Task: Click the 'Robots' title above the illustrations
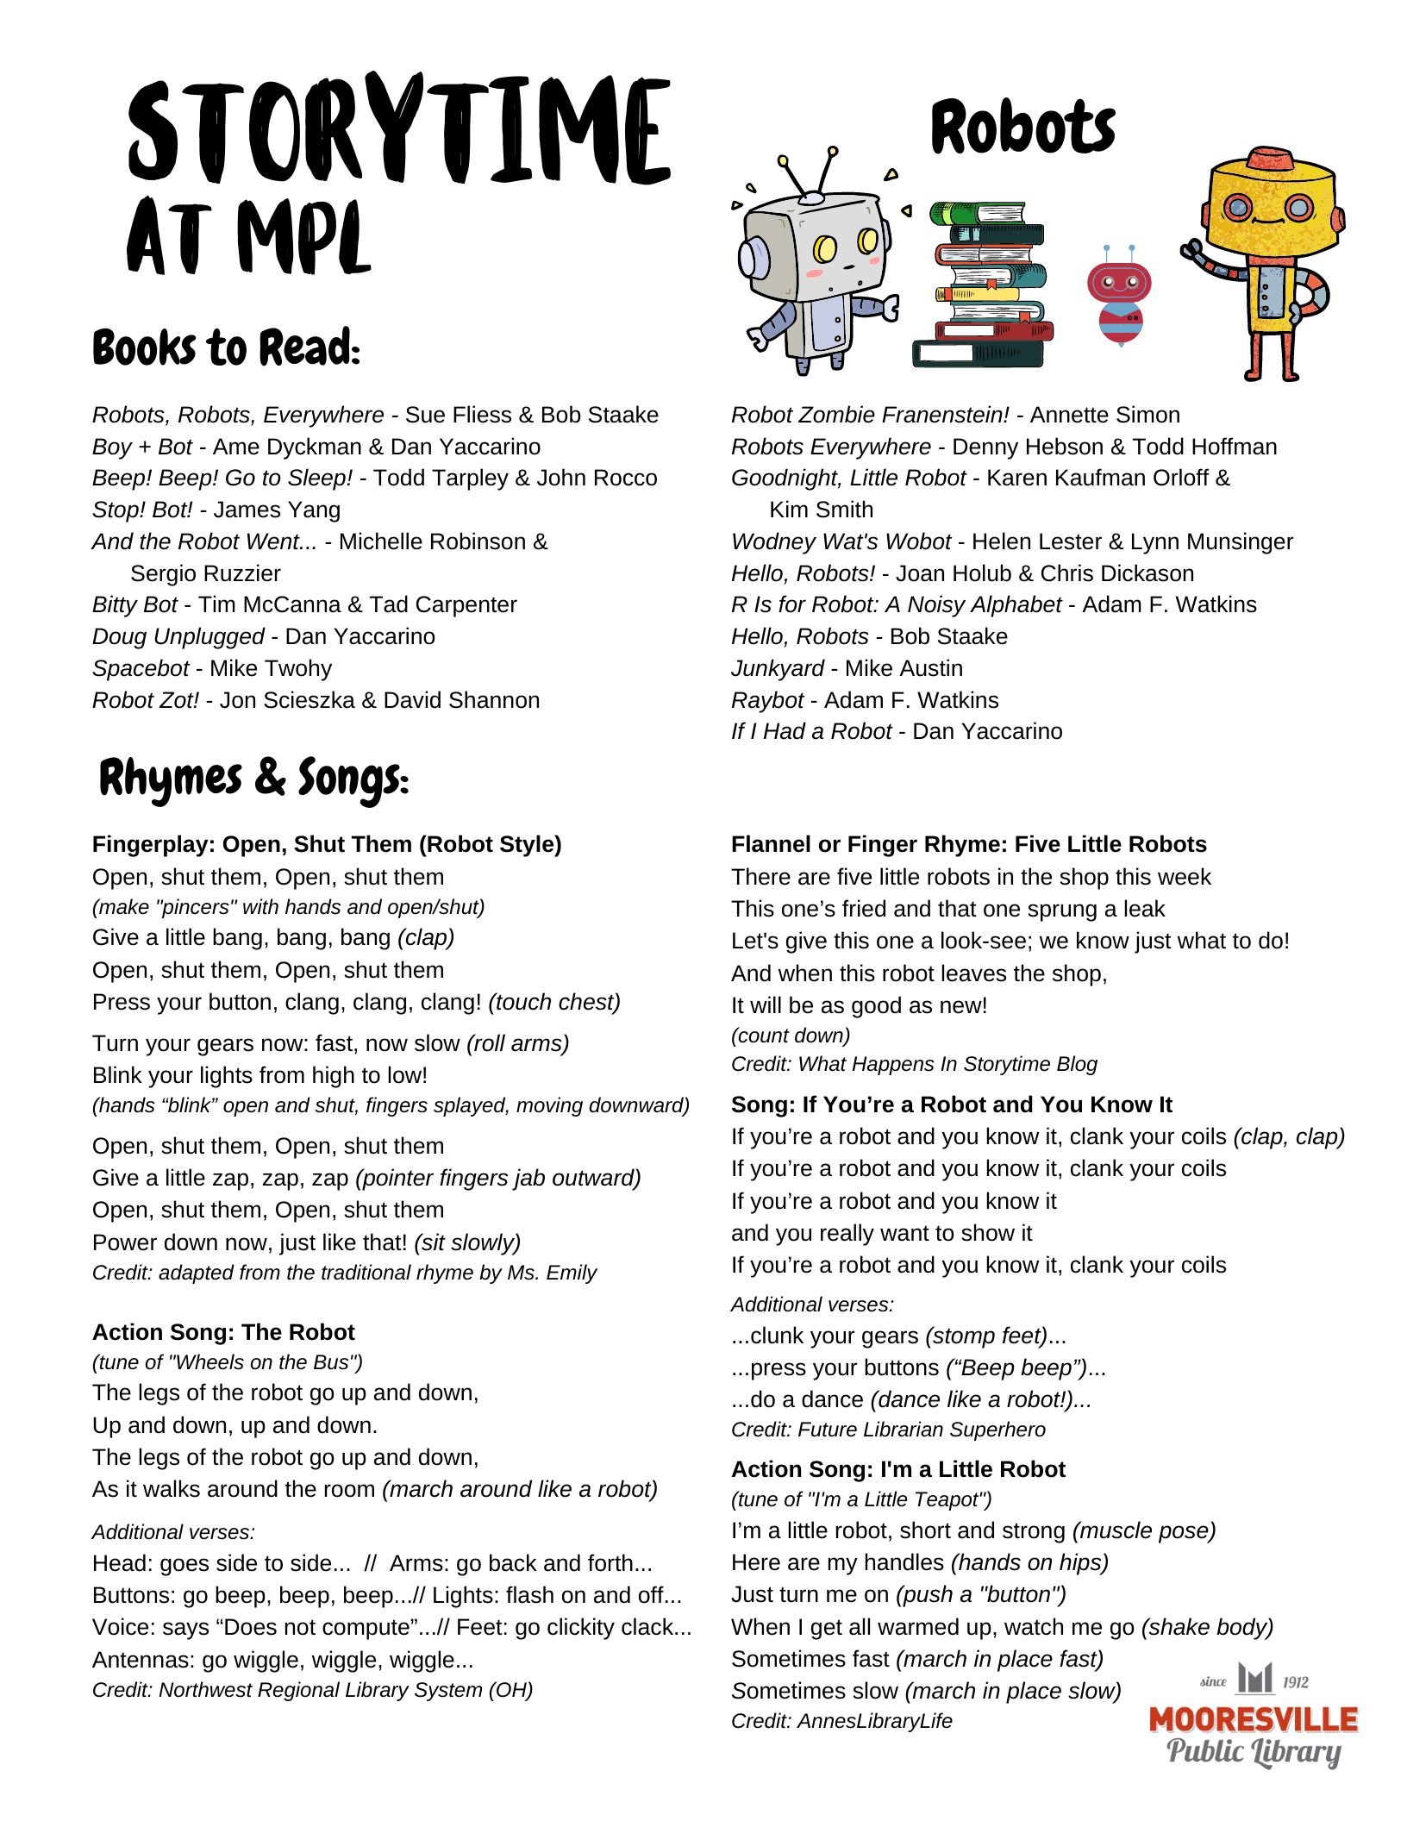(x=1022, y=128)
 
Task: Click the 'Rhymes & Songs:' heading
(x=253, y=779)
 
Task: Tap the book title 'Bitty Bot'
(x=134, y=605)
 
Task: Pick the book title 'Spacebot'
(x=141, y=669)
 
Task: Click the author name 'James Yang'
(x=277, y=510)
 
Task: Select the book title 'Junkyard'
(x=778, y=669)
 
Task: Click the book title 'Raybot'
(x=767, y=701)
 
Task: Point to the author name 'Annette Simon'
(x=1104, y=416)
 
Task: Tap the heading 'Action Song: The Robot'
(x=223, y=1333)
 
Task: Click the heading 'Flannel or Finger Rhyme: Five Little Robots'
(x=968, y=845)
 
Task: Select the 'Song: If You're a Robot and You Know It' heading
(x=951, y=1105)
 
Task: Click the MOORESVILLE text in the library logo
(x=1253, y=1720)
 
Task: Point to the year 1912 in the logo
(x=1295, y=1682)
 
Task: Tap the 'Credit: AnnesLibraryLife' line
(x=841, y=1722)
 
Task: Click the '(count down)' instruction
(x=791, y=1036)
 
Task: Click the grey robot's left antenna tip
(x=783, y=160)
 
